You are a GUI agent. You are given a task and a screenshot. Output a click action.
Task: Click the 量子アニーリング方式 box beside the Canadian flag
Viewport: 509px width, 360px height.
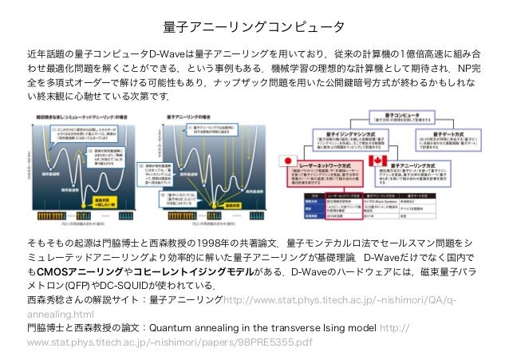423,170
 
